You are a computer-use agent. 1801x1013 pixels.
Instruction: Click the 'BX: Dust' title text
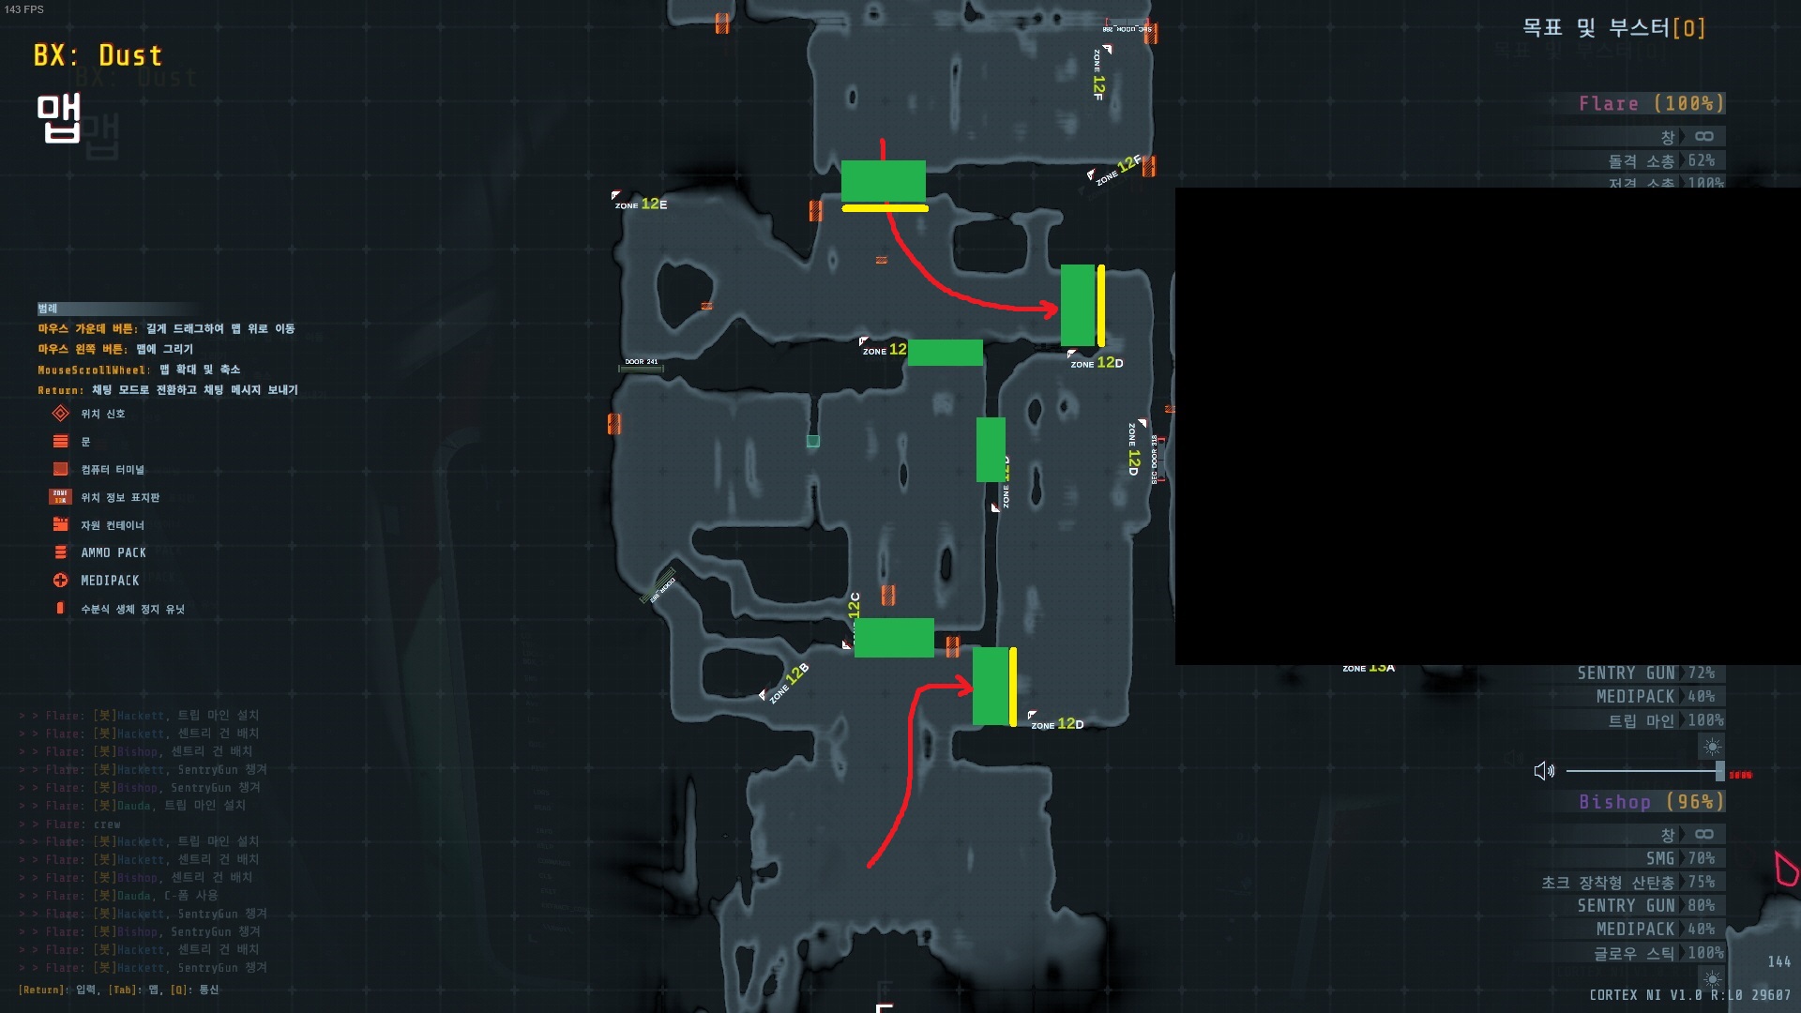tap(98, 55)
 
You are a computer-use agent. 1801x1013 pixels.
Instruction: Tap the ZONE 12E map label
tap(642, 204)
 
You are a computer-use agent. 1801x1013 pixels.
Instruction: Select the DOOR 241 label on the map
tap(642, 362)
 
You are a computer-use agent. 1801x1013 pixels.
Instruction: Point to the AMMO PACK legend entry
tap(113, 552)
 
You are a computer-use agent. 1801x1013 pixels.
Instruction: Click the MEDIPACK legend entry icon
tap(61, 581)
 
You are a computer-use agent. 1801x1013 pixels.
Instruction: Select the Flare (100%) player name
tap(1650, 103)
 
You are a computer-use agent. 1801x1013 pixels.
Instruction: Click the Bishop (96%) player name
tap(1650, 802)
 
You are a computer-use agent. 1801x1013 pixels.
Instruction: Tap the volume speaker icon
tap(1543, 771)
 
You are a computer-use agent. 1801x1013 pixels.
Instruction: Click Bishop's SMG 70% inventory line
tap(1679, 858)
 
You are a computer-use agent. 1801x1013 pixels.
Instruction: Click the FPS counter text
tap(24, 9)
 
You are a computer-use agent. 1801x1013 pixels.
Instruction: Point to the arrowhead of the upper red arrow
tap(1052, 309)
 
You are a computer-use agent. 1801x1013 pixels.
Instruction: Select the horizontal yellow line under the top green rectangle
tap(885, 208)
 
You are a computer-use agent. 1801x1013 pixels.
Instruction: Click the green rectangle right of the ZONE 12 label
tap(945, 353)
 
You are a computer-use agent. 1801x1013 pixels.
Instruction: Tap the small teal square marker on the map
tap(813, 441)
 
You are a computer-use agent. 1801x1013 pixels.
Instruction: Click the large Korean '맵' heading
tap(58, 118)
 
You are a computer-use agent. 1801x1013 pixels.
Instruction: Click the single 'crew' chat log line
tap(107, 824)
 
